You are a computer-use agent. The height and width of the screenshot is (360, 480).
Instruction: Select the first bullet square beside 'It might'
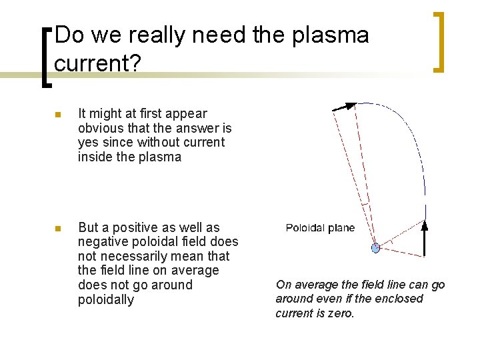57,115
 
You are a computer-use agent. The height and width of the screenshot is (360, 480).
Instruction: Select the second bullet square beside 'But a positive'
57,229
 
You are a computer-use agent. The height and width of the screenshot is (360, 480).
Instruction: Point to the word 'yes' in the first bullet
88,143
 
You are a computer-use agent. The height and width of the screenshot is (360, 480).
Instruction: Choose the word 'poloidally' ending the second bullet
106,300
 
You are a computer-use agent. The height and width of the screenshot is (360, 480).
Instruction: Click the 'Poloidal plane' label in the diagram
320,228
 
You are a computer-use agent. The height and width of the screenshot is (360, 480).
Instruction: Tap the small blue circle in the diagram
375,248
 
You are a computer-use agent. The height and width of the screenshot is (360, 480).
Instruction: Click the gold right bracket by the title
438,41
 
